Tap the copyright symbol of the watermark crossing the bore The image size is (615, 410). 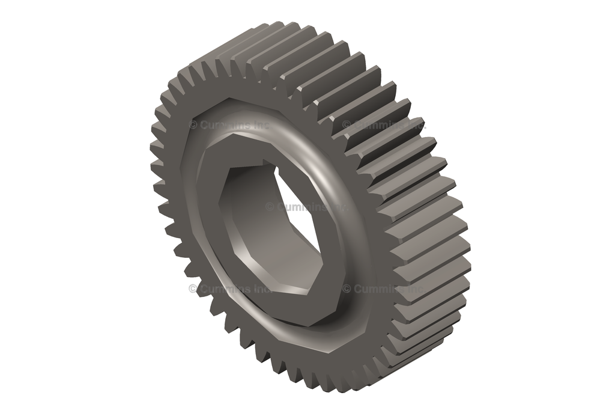tap(270, 207)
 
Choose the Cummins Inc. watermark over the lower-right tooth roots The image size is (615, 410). tap(384, 289)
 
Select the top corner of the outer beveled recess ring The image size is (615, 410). tap(231, 98)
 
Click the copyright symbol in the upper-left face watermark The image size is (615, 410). tap(193, 125)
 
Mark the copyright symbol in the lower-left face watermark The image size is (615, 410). tap(193, 289)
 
